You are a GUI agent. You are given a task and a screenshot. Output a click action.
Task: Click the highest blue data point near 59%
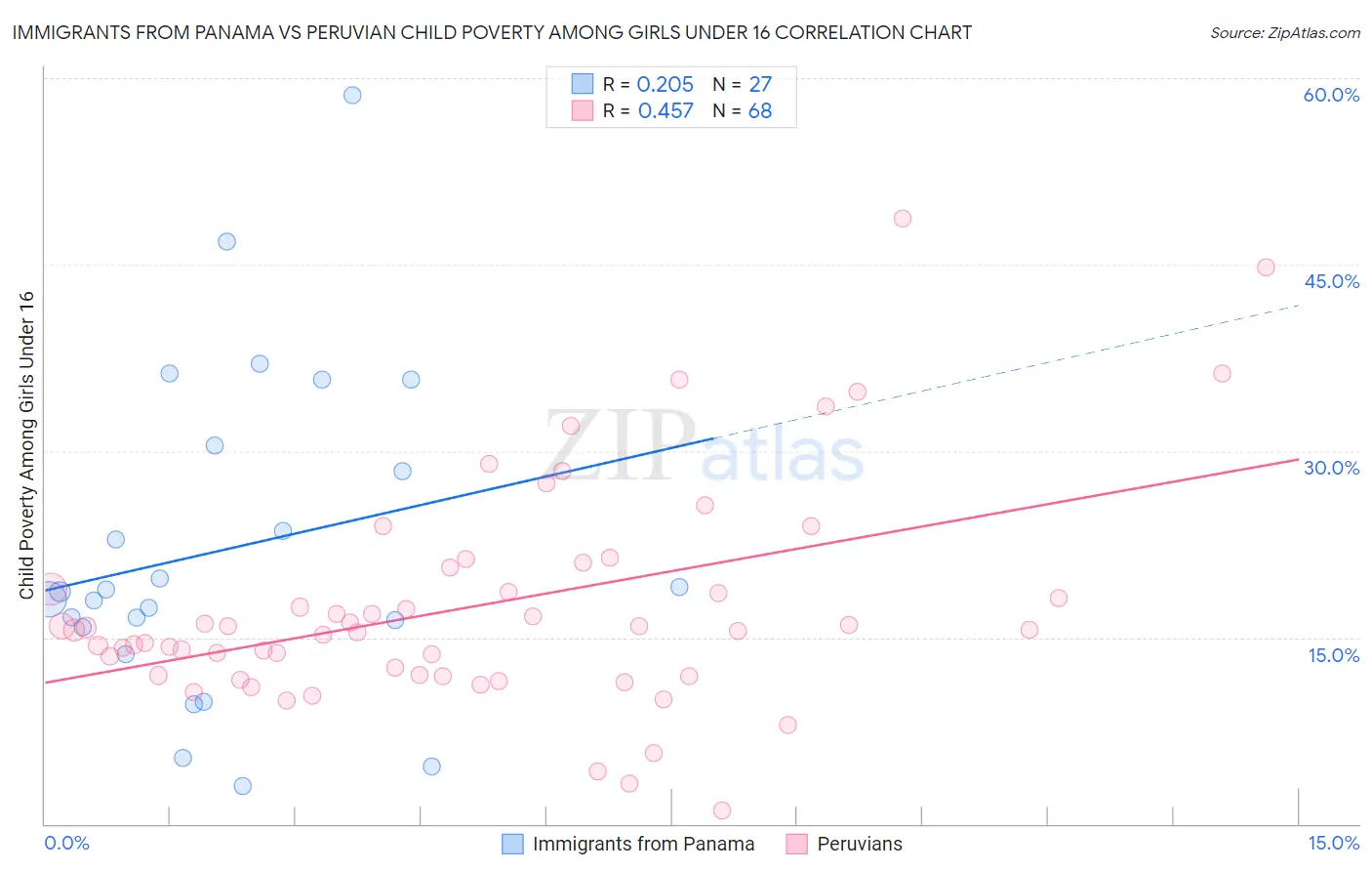click(x=352, y=95)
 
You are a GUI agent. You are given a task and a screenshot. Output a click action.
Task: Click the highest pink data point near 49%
click(x=902, y=219)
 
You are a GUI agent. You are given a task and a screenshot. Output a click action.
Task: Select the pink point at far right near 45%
click(x=1266, y=268)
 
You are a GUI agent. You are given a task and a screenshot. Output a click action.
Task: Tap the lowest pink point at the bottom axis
click(x=722, y=810)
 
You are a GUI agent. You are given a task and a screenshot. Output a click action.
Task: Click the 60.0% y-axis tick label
click(x=1331, y=95)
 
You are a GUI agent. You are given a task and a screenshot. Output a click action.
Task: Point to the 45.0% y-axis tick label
click(x=1331, y=281)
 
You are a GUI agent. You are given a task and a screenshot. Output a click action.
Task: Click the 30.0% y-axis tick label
click(x=1331, y=468)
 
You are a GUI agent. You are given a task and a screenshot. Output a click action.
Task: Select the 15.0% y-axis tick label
click(x=1333, y=655)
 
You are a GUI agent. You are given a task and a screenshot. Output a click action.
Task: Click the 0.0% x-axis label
click(x=66, y=843)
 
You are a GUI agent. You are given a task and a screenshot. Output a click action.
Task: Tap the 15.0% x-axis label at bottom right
click(x=1333, y=843)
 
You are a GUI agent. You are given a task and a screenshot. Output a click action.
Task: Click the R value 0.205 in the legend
click(x=665, y=85)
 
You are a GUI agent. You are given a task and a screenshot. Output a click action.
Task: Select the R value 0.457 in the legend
click(x=666, y=111)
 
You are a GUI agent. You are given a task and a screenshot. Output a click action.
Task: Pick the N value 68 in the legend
click(x=760, y=111)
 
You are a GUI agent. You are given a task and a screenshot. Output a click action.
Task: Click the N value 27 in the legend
click(x=760, y=85)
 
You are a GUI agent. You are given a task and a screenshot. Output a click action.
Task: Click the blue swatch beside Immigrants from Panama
click(x=512, y=844)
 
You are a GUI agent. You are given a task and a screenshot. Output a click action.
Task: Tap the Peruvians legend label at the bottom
click(x=859, y=844)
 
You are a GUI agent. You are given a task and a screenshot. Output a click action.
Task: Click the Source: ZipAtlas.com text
click(x=1284, y=33)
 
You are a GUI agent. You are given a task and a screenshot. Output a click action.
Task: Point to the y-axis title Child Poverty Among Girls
click(x=26, y=444)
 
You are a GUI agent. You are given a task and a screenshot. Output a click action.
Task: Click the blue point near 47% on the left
click(x=226, y=241)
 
